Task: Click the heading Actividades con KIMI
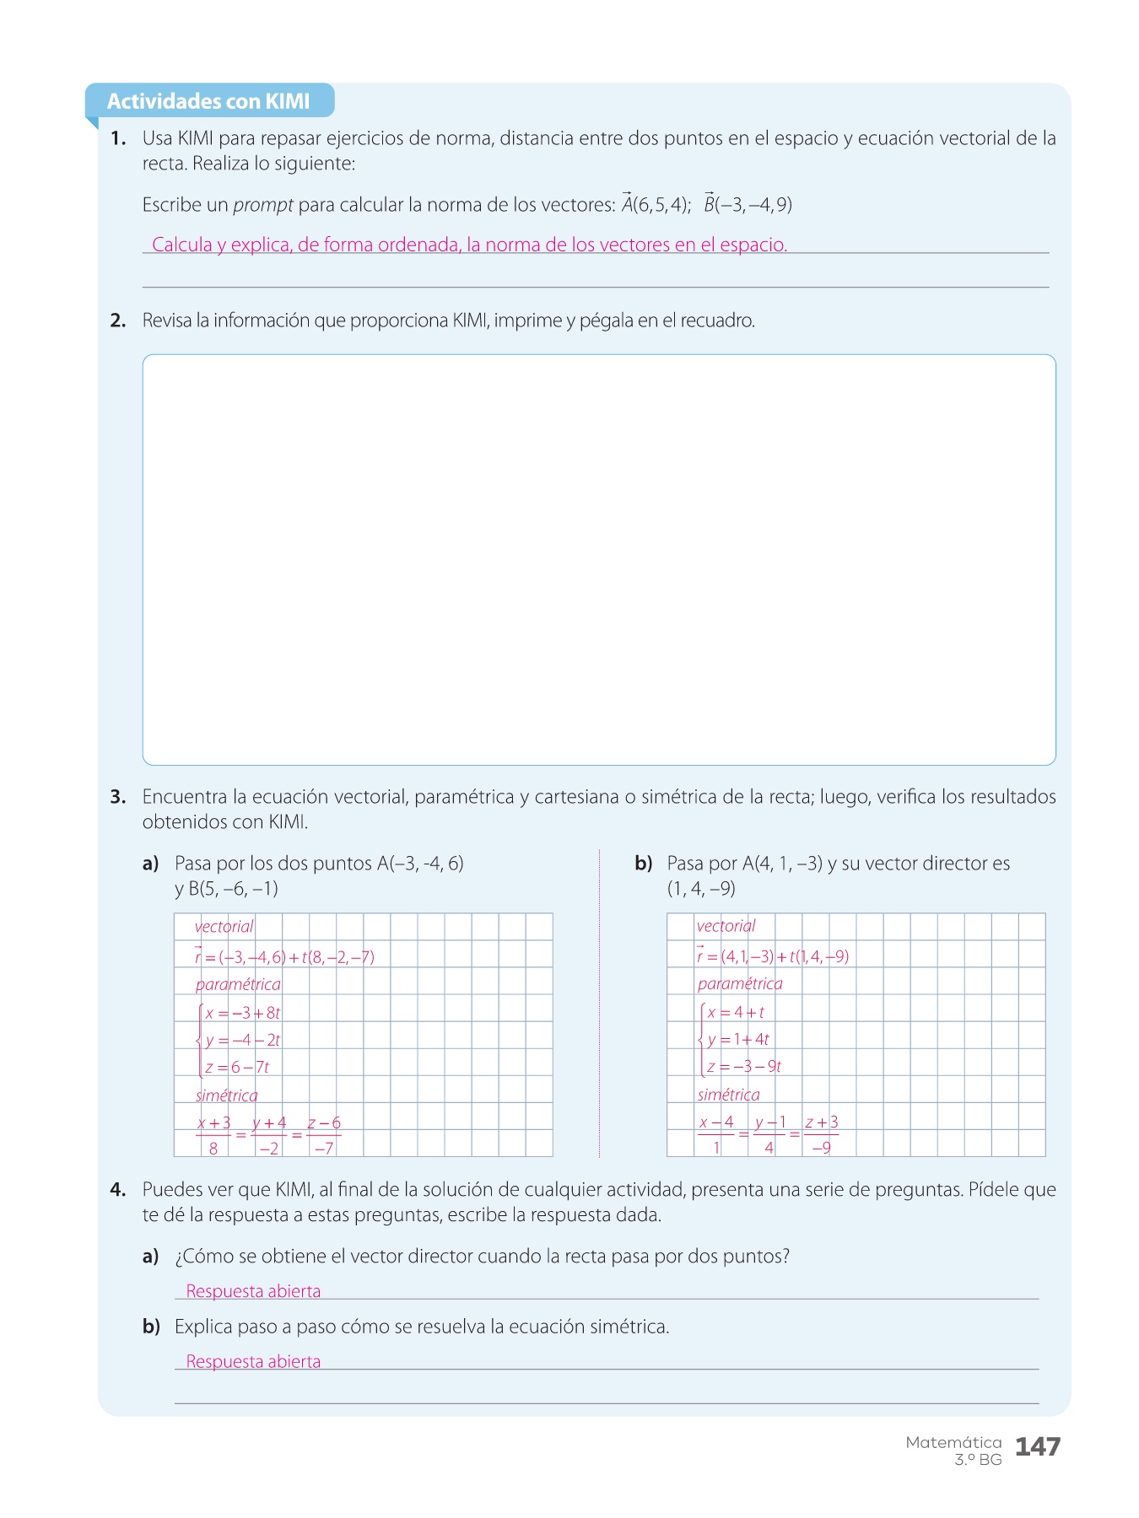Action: (208, 101)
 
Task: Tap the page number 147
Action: (1037, 1446)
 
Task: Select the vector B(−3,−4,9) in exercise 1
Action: (748, 204)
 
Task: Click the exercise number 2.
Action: (117, 320)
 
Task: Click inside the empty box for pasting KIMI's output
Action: (599, 559)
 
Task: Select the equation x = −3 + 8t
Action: (243, 1013)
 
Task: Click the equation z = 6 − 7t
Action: (237, 1067)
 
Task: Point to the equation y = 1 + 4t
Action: (738, 1039)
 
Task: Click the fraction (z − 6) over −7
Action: (324, 1135)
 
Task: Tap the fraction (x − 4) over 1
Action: (716, 1134)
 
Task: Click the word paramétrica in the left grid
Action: (238, 984)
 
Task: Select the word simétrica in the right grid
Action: (728, 1095)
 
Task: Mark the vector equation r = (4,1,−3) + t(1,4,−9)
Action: (772, 956)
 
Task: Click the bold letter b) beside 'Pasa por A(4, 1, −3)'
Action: (644, 864)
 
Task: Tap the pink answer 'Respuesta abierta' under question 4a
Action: (253, 1291)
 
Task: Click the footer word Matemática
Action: (953, 1442)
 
